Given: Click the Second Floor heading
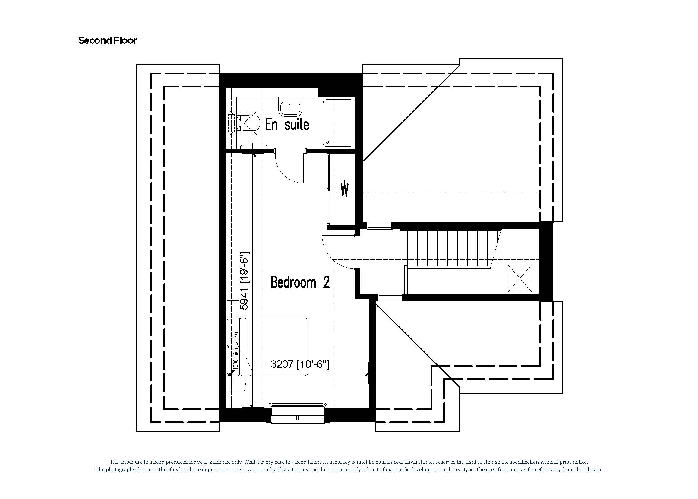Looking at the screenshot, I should pyautogui.click(x=107, y=40).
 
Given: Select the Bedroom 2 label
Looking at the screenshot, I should pyautogui.click(x=300, y=282).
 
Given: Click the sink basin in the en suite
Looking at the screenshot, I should pyautogui.click(x=290, y=106).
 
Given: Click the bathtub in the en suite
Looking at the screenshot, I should pyautogui.click(x=338, y=123).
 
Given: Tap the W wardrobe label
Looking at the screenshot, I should pyautogui.click(x=345, y=189).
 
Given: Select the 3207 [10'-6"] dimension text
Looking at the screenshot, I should pyautogui.click(x=299, y=364).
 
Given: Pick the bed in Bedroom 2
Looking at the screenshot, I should pyautogui.click(x=276, y=347).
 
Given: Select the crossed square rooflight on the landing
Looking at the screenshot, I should pyautogui.click(x=520, y=278).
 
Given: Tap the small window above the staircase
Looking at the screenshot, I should pyautogui.click(x=380, y=226).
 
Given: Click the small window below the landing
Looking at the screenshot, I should pyautogui.click(x=390, y=297).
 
